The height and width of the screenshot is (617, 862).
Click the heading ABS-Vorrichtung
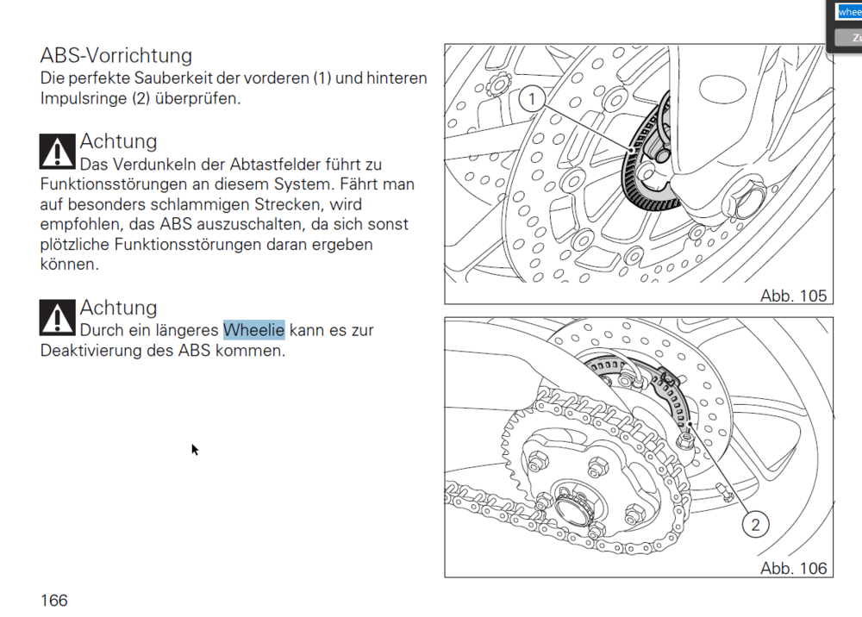point(116,55)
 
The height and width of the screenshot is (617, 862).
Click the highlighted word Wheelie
point(254,330)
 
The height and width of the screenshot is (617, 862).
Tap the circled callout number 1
point(532,99)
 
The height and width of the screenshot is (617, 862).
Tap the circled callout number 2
point(755,525)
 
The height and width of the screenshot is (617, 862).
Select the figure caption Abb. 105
point(793,296)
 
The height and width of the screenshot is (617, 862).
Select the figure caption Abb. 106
point(793,568)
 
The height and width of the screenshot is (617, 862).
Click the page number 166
point(53,601)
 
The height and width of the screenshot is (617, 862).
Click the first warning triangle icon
point(57,152)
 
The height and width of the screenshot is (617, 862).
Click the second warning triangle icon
point(57,318)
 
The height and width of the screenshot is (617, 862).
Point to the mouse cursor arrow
point(195,450)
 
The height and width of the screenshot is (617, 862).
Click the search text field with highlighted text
point(848,11)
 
